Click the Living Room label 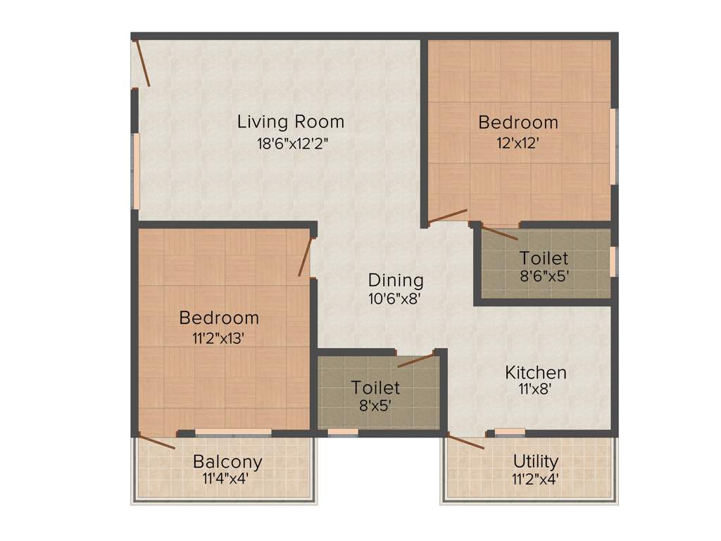(x=291, y=122)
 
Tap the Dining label (x=396, y=280)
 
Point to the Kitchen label (x=536, y=372)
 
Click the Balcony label (x=227, y=462)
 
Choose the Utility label (x=536, y=461)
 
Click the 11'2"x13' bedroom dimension (x=218, y=338)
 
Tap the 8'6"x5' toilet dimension (x=544, y=276)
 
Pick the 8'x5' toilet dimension (x=375, y=406)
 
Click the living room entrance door (x=143, y=63)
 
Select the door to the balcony (x=156, y=442)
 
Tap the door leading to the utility (x=465, y=442)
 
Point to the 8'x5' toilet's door (x=416, y=361)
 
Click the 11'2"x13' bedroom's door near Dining (x=304, y=257)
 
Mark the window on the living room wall (x=136, y=171)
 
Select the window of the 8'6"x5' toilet (x=613, y=261)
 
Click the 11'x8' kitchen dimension (x=536, y=388)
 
